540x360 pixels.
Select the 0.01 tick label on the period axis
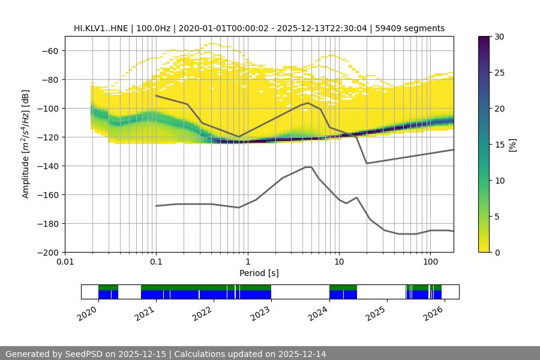coord(65,262)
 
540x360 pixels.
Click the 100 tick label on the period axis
coord(430,262)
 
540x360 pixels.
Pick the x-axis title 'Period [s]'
coord(259,273)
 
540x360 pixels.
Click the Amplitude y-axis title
coord(26,144)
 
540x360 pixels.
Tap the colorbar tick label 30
coord(499,37)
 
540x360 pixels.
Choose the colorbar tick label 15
coord(499,145)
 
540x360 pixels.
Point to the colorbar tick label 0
coord(497,252)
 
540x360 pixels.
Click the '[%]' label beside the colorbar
coord(512,145)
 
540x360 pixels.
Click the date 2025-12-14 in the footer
coord(302,354)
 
